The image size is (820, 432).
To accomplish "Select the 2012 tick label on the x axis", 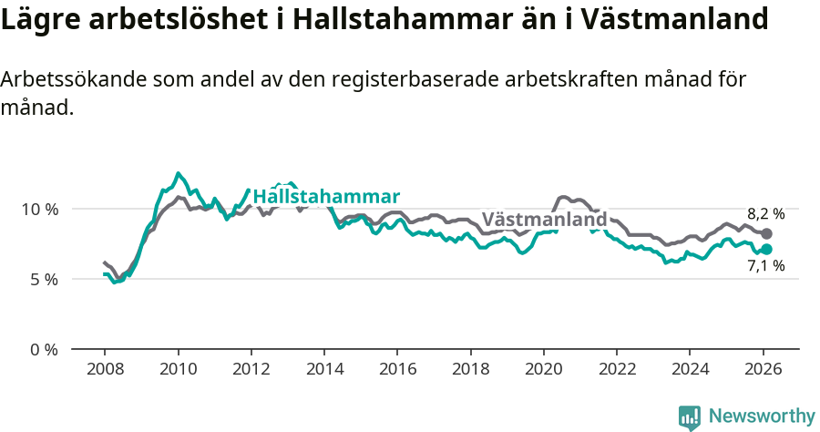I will tap(251, 369).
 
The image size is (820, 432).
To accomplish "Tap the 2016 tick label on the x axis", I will tap(396, 369).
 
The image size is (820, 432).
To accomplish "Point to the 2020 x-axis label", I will tap(543, 369).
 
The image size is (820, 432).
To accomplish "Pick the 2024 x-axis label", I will tap(689, 369).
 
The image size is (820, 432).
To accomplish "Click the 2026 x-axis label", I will tap(762, 369).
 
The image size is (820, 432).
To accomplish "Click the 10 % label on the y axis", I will tap(39, 209).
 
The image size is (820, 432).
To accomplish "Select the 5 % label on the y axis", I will tap(44, 279).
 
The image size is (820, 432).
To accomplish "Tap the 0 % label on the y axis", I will tap(44, 349).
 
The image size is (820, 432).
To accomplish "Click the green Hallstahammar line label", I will tap(326, 197).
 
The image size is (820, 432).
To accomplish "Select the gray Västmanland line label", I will tap(544, 220).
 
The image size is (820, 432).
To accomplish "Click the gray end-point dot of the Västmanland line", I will tap(766, 234).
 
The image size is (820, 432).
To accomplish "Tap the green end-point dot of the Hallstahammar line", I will tap(766, 249).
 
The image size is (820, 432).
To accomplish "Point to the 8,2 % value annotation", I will tap(765, 214).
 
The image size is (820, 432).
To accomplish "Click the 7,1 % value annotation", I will tap(765, 267).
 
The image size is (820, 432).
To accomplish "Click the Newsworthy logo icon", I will tap(690, 417).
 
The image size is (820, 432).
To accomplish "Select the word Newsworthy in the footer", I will tap(762, 417).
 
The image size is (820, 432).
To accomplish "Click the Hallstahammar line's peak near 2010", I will tap(178, 173).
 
